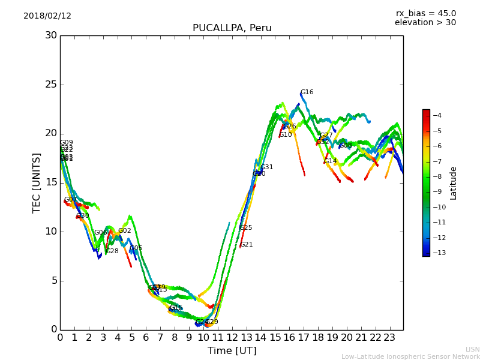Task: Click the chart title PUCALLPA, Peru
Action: coord(232,28)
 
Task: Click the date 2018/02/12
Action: coord(47,16)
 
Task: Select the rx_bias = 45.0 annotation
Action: coord(425,14)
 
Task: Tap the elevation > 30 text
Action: coord(425,23)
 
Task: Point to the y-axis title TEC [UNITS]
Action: coord(37,182)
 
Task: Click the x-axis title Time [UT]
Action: coord(232,351)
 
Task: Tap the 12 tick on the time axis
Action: coord(232,338)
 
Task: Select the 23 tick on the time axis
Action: coord(389,338)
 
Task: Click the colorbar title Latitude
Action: coord(454,183)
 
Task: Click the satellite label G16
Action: coord(307,92)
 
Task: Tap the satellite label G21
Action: coord(246,245)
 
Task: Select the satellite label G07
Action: coord(70,200)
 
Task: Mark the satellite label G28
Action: coord(112,251)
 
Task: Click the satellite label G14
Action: coord(330,161)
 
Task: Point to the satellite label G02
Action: coord(124,231)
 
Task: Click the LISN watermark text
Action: coord(472,349)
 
